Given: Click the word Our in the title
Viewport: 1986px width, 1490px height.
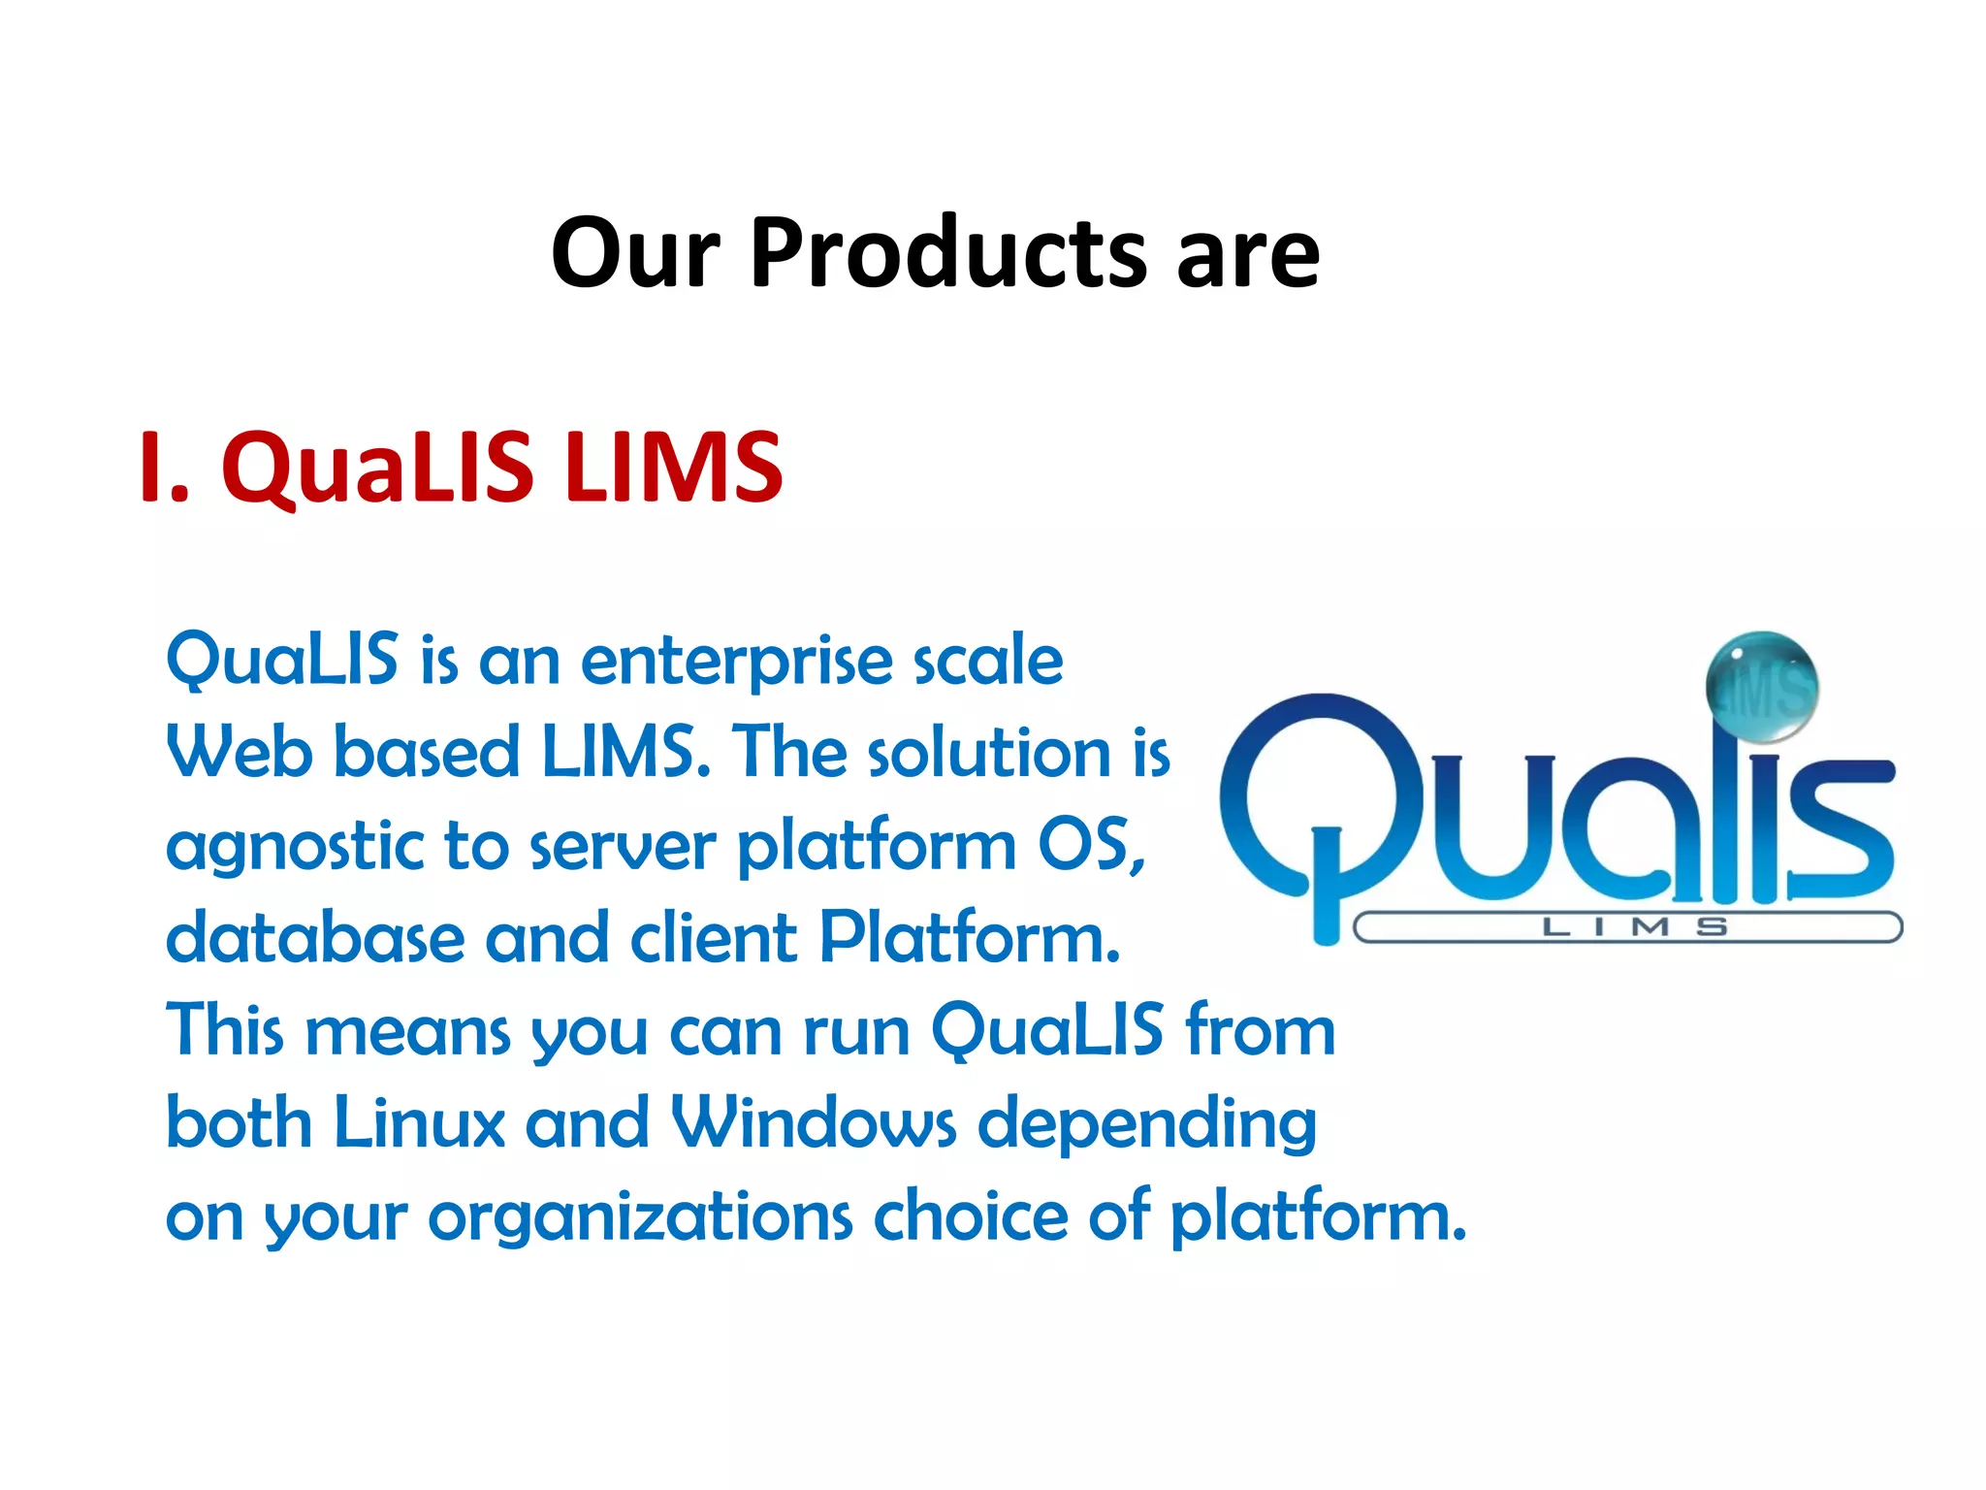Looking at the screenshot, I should point(635,254).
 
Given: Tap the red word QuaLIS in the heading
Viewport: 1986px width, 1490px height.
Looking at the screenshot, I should point(377,468).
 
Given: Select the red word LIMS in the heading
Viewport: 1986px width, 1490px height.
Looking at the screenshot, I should point(673,468).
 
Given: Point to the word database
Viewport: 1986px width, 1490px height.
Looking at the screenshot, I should point(315,938).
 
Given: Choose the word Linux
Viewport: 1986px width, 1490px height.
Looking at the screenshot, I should point(419,1123).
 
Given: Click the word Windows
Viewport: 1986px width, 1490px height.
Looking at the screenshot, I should point(814,1123).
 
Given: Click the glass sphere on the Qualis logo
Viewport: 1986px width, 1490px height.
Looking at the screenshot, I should point(1761,687).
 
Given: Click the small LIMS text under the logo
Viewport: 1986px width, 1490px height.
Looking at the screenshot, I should point(1634,927).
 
